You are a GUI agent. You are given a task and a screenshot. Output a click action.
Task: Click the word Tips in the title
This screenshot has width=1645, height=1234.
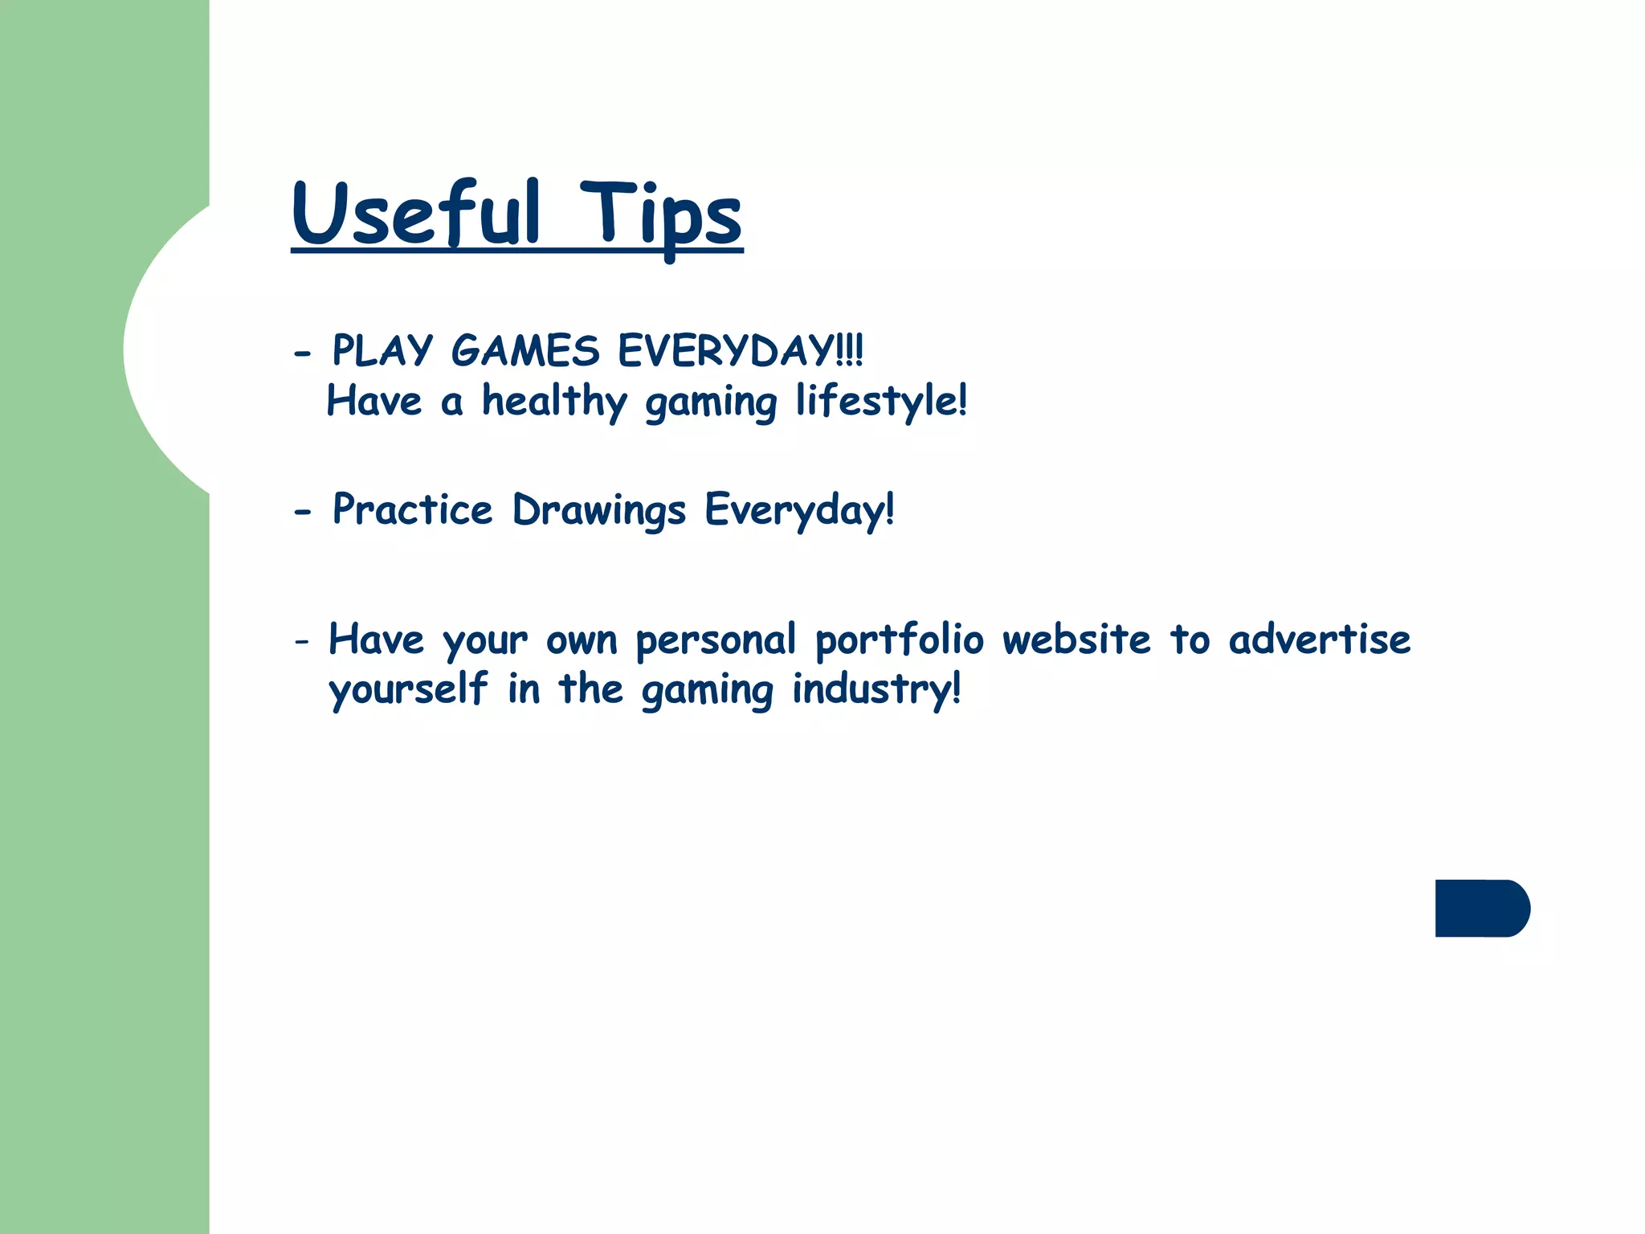[x=660, y=215]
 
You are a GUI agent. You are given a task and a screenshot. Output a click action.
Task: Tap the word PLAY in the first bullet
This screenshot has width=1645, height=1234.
[x=382, y=351]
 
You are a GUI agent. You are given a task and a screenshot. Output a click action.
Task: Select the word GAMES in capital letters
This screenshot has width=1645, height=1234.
[x=525, y=351]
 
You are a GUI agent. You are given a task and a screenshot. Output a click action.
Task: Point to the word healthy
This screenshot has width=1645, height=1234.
[x=554, y=402]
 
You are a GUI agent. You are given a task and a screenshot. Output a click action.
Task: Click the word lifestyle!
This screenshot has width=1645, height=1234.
[x=881, y=402]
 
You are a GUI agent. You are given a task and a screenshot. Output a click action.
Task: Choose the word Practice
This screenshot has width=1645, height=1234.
[x=412, y=509]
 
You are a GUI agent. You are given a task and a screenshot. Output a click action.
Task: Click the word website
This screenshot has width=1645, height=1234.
[x=1076, y=640]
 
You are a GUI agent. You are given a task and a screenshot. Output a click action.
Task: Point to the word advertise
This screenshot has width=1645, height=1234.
[x=1319, y=640]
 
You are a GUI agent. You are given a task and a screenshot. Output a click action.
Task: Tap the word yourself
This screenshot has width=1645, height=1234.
[x=408, y=689]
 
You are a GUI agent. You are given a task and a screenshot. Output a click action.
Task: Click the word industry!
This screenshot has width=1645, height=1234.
[x=876, y=689]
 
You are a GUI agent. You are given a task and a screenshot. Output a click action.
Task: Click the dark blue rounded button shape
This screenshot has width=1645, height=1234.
[x=1481, y=908]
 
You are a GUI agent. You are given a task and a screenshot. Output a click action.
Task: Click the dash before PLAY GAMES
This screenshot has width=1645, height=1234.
[x=302, y=353]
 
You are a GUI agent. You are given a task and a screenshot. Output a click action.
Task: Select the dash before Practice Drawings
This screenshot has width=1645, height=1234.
[x=302, y=512]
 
